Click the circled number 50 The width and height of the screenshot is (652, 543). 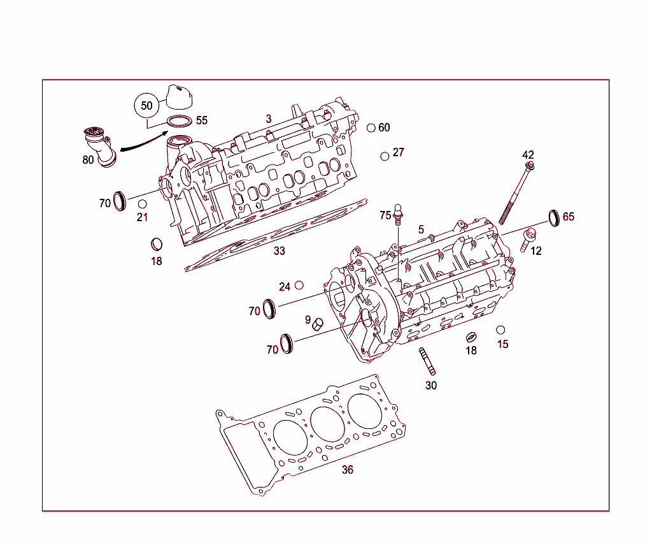(146, 106)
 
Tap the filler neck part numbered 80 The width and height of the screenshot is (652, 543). (99, 145)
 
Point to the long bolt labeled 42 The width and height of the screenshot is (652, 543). (516, 194)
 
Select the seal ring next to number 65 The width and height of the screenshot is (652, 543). (554, 217)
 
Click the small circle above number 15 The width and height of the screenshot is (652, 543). (500, 330)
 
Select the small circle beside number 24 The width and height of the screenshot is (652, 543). (299, 285)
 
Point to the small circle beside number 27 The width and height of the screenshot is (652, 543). (385, 156)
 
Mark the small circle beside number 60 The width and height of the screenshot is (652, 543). (371, 128)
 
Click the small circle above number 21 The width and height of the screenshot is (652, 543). (143, 204)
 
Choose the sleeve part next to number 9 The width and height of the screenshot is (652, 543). (319, 324)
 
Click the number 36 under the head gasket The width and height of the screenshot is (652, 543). (347, 470)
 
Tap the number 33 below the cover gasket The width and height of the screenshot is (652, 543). (279, 251)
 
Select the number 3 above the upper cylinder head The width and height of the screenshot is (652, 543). (269, 119)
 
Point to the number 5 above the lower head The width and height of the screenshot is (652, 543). (421, 229)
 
